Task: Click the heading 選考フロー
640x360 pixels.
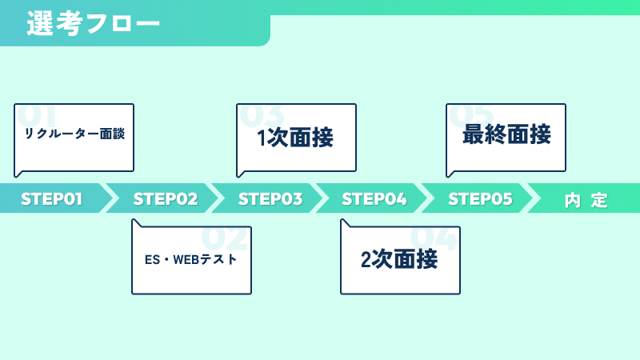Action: [93, 23]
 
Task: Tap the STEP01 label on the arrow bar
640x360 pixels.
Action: [51, 199]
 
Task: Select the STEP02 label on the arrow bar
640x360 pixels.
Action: [166, 199]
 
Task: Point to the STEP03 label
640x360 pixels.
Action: [270, 199]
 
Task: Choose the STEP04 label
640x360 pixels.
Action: [374, 199]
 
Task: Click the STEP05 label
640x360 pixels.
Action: [480, 199]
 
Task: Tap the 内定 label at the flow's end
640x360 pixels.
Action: [586, 201]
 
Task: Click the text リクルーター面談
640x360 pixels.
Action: [74, 134]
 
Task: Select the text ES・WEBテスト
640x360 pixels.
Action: [190, 259]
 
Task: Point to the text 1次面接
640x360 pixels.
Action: [295, 137]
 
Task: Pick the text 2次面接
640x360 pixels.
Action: [399, 259]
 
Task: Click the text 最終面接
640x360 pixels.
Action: [506, 134]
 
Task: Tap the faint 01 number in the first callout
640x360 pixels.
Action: [37, 115]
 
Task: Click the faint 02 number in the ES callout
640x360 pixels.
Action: [225, 238]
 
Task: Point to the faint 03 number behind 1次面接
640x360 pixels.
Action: [262, 115]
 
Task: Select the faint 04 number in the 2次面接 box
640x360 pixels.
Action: [434, 238]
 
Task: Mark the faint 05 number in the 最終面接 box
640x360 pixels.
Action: [471, 115]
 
